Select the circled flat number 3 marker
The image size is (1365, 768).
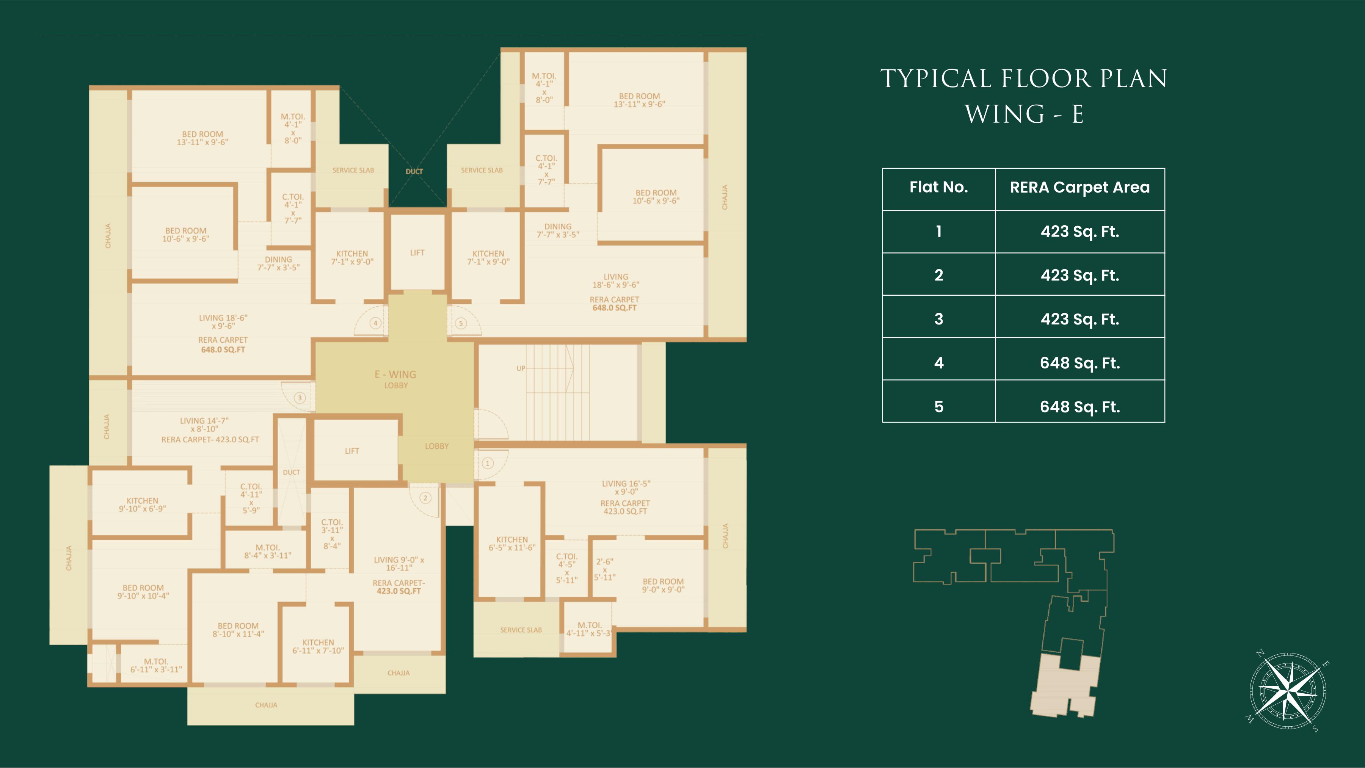[x=300, y=398]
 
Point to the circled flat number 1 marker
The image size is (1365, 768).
[x=488, y=464]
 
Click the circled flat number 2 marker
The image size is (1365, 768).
[x=425, y=498]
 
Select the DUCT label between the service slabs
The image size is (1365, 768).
[x=414, y=172]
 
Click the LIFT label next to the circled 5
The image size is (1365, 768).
[x=417, y=252]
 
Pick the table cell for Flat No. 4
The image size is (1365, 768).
[x=939, y=363]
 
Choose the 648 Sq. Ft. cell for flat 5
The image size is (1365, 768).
[x=1080, y=407]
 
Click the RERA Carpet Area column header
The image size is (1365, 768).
[x=1080, y=188]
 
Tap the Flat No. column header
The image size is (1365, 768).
[x=939, y=188]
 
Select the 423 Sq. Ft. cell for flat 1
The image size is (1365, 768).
[x=1080, y=232]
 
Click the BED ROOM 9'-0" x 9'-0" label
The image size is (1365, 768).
[x=664, y=585]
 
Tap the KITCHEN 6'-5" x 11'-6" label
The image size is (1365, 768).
[x=512, y=544]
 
